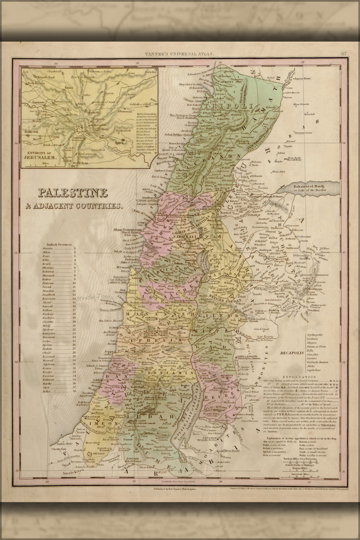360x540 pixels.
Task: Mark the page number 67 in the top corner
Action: click(x=344, y=53)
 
